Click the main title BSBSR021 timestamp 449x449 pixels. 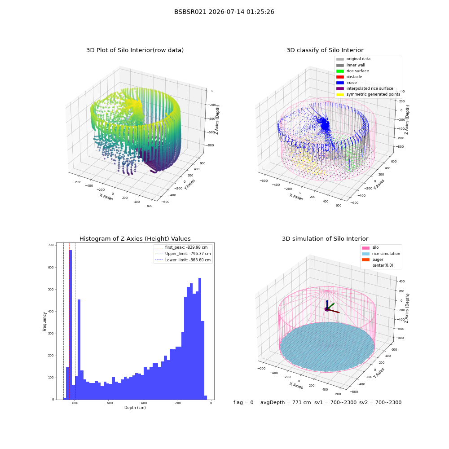pos(224,12)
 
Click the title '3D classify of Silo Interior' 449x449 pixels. pos(325,50)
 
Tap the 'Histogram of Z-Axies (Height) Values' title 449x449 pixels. pos(135,239)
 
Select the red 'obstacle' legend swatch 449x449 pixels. pos(340,77)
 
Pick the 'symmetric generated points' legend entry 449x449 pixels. pos(368,94)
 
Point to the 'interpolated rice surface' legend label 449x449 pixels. pos(370,88)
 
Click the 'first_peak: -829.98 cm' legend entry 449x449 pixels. pos(181,247)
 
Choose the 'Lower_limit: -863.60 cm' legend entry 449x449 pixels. pos(183,260)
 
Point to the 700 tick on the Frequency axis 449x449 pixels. pos(51,245)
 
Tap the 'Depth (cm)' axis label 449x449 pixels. pos(135,408)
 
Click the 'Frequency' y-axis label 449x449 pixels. pos(44,321)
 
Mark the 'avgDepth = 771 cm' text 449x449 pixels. pos(286,403)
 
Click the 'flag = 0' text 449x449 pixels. pos(243,403)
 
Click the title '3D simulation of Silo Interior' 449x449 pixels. pos(325,239)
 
